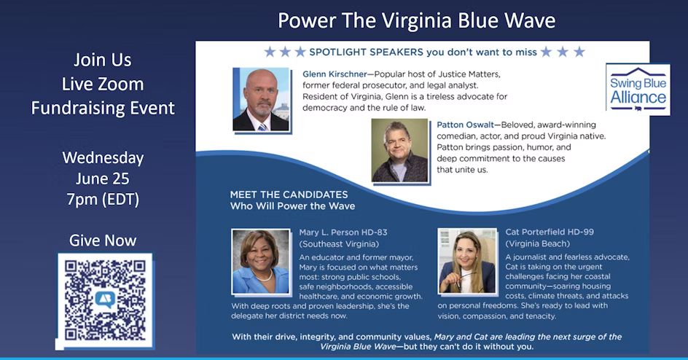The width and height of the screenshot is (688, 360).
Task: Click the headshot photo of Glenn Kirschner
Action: [x=261, y=100]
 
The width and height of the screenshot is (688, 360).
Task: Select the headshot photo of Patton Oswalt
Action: [x=399, y=150]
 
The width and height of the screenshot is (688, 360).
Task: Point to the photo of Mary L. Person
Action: [x=260, y=262]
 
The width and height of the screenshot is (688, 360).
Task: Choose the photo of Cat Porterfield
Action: [x=466, y=262]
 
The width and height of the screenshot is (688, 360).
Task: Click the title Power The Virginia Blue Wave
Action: [x=417, y=20]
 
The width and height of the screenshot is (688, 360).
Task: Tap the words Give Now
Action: [x=103, y=240]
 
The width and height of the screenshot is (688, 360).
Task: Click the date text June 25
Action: [x=103, y=178]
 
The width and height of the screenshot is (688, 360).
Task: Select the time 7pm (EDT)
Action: [x=103, y=198]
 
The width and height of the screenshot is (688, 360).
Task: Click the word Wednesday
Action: [x=103, y=157]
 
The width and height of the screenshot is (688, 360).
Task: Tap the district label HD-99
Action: [x=579, y=232]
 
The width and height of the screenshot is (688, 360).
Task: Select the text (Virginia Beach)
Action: [x=539, y=243]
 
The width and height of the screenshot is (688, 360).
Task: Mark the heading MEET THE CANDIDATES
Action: [x=289, y=195]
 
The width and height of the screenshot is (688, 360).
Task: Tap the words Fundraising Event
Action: [x=103, y=109]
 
